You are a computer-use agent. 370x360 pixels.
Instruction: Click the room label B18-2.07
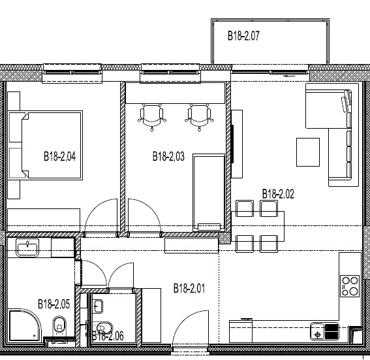click(x=243, y=36)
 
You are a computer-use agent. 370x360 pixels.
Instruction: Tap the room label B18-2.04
click(x=59, y=156)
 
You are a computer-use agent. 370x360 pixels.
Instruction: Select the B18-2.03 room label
click(x=168, y=156)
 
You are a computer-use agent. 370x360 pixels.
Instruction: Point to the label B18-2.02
click(x=278, y=194)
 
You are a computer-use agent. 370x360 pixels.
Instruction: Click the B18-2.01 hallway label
click(x=189, y=288)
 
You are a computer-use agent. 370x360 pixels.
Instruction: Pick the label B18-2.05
click(x=54, y=304)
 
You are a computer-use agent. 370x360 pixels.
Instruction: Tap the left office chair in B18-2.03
click(x=152, y=117)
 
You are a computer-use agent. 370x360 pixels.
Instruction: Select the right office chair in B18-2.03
click(x=200, y=117)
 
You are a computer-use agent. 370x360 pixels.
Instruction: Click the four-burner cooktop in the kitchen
click(x=350, y=286)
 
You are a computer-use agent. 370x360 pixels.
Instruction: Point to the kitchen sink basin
click(x=317, y=331)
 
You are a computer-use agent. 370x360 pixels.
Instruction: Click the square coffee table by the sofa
click(x=308, y=152)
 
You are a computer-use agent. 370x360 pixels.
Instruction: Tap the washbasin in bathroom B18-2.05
click(x=27, y=248)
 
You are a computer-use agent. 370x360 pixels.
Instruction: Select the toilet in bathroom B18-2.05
click(x=59, y=326)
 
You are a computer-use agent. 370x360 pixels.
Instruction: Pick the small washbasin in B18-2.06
click(x=98, y=306)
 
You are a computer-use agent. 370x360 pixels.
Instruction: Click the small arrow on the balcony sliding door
click(x=290, y=76)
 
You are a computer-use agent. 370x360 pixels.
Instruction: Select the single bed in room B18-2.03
click(x=209, y=193)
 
